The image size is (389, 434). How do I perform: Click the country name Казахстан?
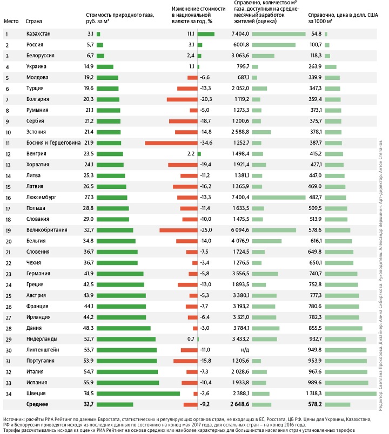click(38, 34)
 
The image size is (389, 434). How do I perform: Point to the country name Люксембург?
click(41, 183)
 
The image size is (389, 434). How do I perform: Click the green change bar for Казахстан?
click(206, 34)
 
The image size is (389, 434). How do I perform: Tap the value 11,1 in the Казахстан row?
click(191, 34)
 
